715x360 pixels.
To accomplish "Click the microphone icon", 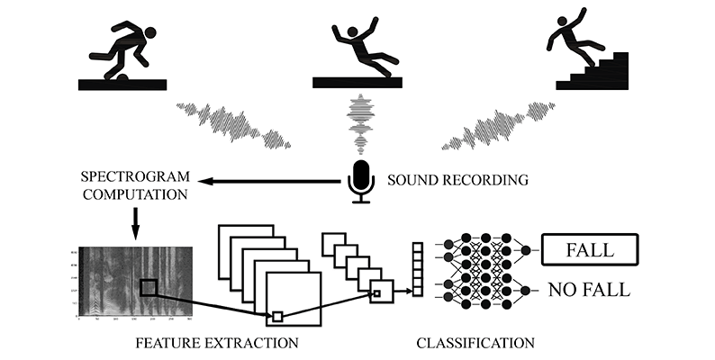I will (361, 179).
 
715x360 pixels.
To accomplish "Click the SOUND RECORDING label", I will (457, 180).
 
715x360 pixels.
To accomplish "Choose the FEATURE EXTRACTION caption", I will (216, 343).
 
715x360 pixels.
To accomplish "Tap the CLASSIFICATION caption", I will (475, 343).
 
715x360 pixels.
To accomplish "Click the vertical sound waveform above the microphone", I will (361, 125).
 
